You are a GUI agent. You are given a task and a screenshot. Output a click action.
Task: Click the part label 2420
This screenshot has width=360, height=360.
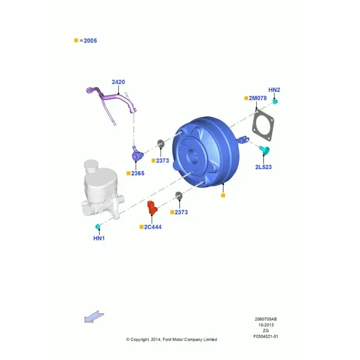click(x=118, y=82)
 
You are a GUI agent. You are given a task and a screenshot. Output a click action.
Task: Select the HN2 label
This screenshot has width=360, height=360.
click(x=274, y=90)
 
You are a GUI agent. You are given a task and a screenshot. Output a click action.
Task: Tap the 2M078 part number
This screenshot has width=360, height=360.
click(x=257, y=98)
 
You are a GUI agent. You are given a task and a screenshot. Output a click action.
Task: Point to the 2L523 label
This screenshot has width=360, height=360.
click(x=263, y=167)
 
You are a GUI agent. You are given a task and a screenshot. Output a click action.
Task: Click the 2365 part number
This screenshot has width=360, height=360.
click(x=138, y=173)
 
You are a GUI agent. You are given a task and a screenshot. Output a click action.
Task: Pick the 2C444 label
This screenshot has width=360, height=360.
click(x=152, y=227)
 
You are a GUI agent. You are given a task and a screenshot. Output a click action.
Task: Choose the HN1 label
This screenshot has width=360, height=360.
click(x=99, y=238)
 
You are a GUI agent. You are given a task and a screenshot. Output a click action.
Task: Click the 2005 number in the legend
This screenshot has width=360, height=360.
click(x=90, y=41)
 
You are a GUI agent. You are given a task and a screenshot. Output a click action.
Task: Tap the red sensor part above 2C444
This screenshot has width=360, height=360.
click(x=152, y=208)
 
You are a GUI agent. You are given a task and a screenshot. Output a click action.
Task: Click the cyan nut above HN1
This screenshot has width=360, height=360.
click(x=98, y=227)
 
